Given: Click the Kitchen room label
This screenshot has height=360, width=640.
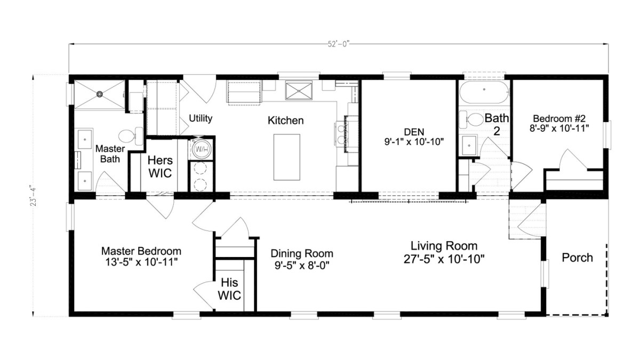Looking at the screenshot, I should coord(285,121).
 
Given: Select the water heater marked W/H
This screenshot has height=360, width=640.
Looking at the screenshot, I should coord(202,149).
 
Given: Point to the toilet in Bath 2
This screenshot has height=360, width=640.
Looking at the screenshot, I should coord(469,119).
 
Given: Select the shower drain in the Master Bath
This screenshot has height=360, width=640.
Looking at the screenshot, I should coord(99,94).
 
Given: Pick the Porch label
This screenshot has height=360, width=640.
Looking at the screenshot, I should coord(577,258).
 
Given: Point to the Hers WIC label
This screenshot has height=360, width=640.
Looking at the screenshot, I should coord(159,166).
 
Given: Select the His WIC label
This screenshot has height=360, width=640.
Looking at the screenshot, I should coord(229,289).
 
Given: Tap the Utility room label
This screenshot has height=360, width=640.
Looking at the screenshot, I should coord(201,118).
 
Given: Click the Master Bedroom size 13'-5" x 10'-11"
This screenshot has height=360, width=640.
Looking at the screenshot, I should coord(141,262).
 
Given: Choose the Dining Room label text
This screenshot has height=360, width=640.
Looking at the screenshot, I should coord(301,253).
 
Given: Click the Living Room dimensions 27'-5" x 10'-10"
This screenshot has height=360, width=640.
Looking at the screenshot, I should coord(444,258).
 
